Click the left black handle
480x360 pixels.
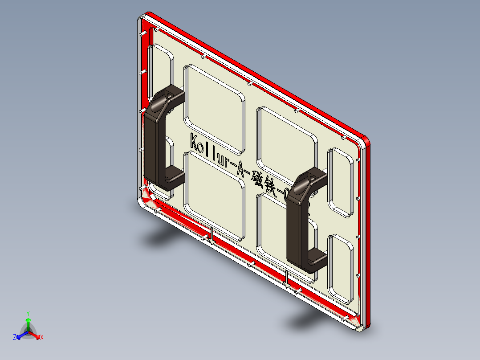click(153, 143)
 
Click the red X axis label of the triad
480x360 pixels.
click(42, 338)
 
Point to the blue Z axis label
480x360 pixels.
click(15, 337)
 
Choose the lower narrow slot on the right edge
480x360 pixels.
click(341, 267)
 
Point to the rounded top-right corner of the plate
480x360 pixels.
click(367, 140)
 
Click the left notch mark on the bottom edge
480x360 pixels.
click(212, 236)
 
